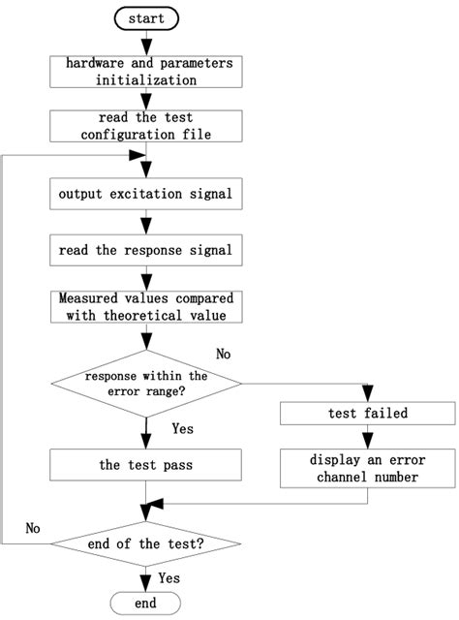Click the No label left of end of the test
click(32, 530)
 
